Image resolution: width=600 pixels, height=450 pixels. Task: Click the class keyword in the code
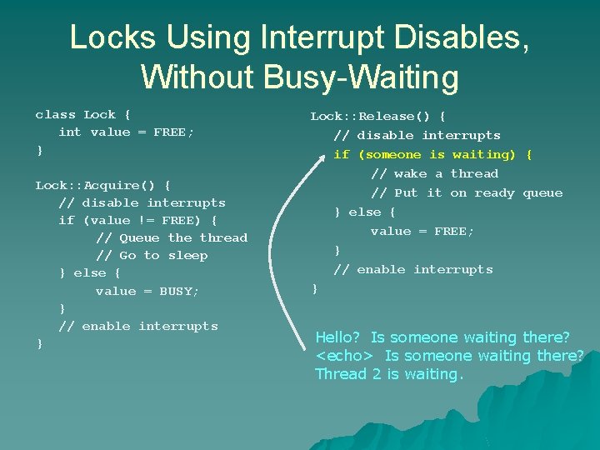click(55, 114)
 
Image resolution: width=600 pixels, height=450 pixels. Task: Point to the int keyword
click(70, 132)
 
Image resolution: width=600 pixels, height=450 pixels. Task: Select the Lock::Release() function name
click(377, 116)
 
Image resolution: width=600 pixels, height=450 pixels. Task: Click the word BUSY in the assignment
click(178, 291)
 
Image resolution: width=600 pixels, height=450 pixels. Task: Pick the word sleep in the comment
click(187, 255)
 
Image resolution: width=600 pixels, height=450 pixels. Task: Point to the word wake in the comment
click(410, 173)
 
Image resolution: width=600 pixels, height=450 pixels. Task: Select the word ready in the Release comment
click(493, 192)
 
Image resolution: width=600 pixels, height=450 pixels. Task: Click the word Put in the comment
click(406, 192)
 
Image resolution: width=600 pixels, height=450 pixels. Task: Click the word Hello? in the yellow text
click(337, 337)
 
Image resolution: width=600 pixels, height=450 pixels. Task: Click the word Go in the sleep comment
click(127, 255)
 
